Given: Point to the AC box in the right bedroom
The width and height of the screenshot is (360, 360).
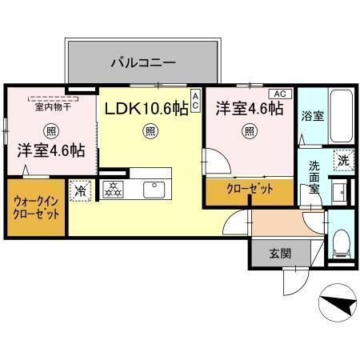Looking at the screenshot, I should [x=285, y=93].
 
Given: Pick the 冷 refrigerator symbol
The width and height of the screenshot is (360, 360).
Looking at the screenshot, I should [x=80, y=191].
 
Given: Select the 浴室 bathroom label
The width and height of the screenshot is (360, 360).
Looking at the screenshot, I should [x=312, y=116].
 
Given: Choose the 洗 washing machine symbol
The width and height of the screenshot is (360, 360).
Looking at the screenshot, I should [x=342, y=159].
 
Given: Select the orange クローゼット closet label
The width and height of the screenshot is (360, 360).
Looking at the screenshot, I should [x=249, y=190].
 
